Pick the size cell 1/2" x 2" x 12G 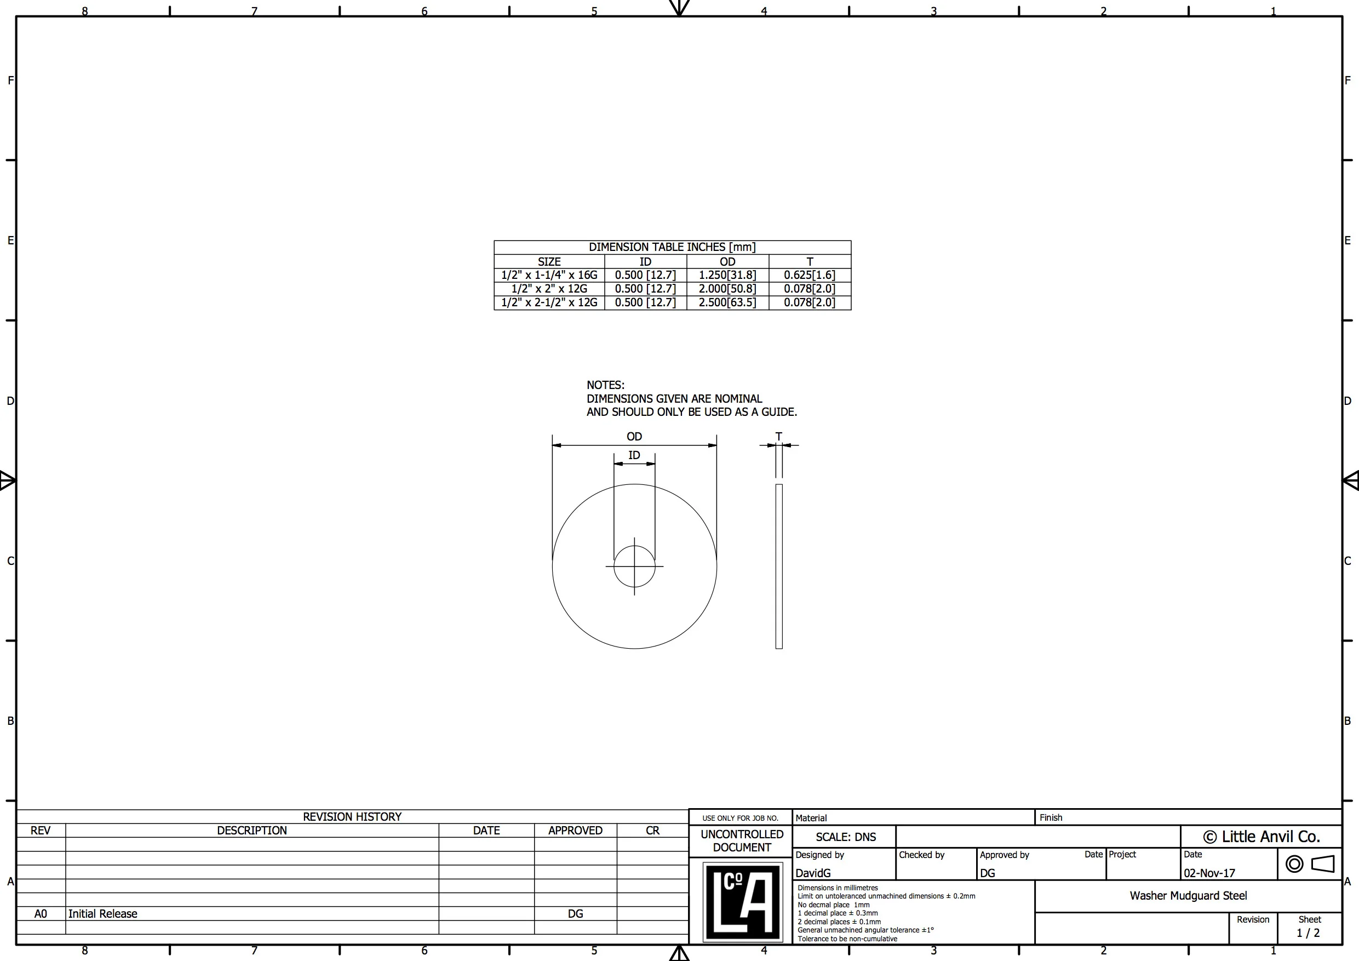point(549,289)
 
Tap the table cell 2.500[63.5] point(727,302)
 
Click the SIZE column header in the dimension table point(549,262)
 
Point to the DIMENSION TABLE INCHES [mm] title point(673,247)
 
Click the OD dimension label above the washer point(634,436)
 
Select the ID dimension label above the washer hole point(634,455)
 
